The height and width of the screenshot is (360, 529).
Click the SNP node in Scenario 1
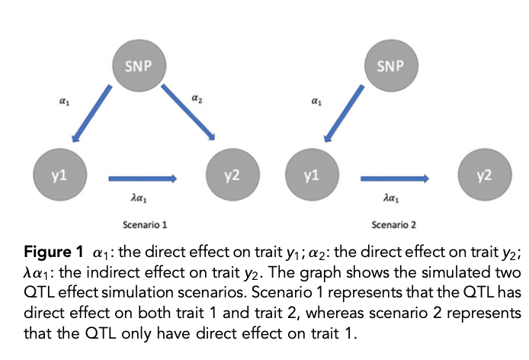[138, 65]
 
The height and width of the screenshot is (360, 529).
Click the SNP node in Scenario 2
[390, 65]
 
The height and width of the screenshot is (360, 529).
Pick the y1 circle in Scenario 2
[311, 175]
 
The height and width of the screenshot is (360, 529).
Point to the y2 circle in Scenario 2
[483, 175]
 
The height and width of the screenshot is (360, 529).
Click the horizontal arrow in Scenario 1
[143, 178]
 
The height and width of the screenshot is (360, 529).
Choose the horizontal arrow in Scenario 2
[395, 178]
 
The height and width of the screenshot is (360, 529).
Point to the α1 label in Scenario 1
[63, 100]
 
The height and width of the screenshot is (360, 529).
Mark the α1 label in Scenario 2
[315, 100]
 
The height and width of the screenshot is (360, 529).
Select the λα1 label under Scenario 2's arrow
[390, 198]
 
